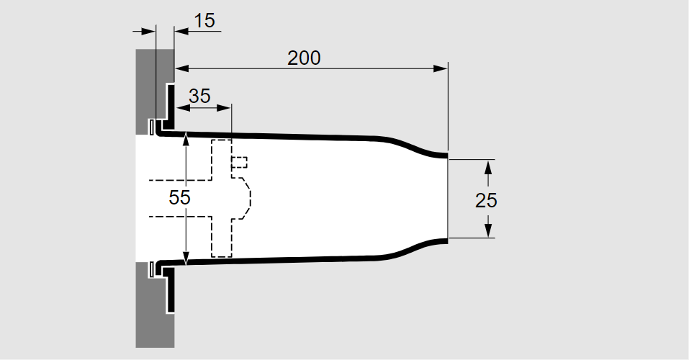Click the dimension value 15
(205, 21)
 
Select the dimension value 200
(304, 58)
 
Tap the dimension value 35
(199, 96)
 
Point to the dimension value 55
(179, 198)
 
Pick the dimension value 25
(487, 200)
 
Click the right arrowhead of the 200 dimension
(441, 68)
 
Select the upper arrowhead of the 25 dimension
(487, 166)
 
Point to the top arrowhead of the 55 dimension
(186, 138)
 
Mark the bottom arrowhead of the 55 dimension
(186, 258)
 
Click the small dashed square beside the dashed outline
(240, 162)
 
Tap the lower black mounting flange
(168, 292)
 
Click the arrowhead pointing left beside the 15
(180, 31)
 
